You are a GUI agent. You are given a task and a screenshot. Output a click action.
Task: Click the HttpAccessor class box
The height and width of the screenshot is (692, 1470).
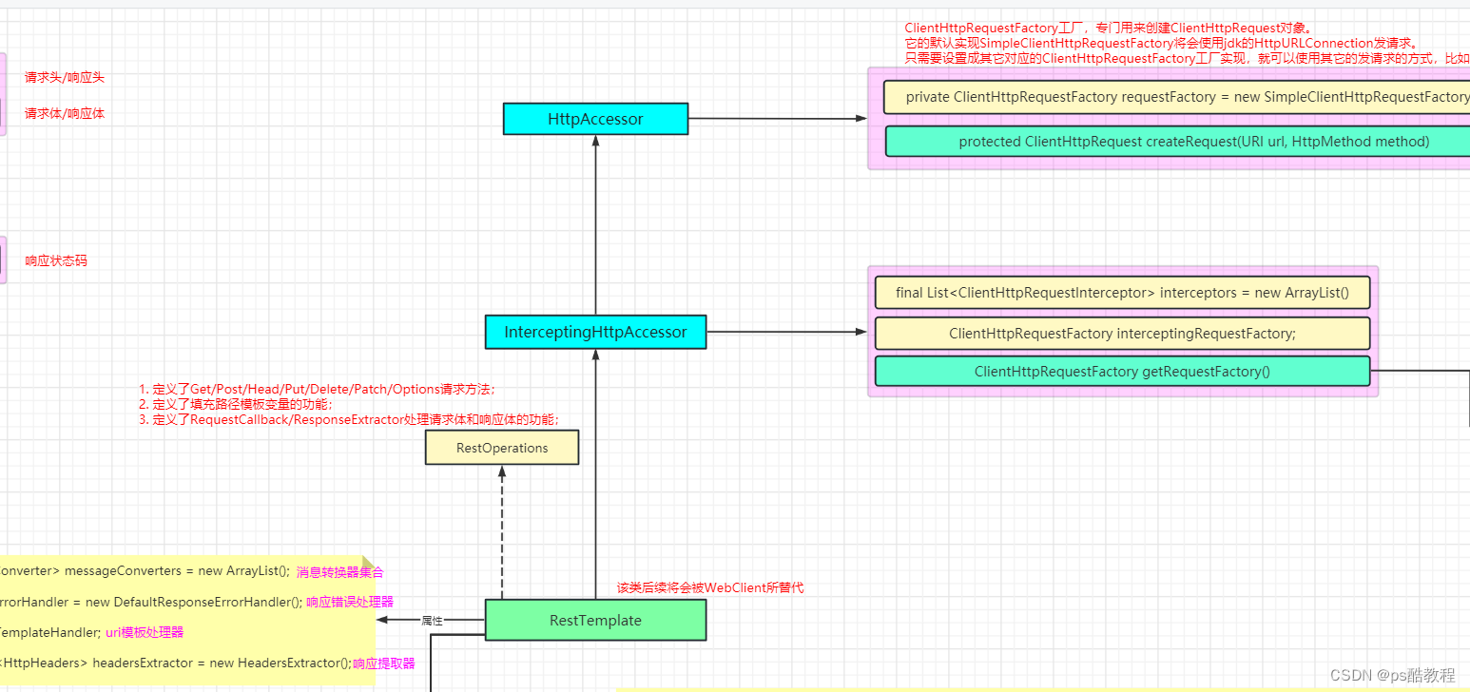click(595, 119)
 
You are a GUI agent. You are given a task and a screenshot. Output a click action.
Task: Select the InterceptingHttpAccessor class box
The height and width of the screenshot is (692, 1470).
click(595, 332)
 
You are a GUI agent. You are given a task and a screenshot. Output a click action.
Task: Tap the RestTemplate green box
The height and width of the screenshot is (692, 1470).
click(595, 620)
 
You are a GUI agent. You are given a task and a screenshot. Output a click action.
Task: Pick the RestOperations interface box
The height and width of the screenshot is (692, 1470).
click(501, 448)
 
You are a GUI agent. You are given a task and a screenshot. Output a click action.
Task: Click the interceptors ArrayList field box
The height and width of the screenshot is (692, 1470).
click(1122, 292)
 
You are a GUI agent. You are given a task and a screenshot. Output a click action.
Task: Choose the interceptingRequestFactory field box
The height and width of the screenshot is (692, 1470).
click(1122, 334)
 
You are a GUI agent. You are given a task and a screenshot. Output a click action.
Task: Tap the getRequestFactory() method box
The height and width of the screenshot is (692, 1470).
click(1122, 372)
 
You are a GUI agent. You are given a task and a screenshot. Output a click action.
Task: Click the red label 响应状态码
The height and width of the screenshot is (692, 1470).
click(56, 260)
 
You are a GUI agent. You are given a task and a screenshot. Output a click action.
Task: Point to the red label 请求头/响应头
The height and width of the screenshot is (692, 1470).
click(65, 77)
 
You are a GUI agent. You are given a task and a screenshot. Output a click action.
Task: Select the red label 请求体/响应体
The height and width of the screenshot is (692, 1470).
click(65, 113)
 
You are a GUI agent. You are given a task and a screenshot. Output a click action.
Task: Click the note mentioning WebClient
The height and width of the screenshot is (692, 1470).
click(709, 587)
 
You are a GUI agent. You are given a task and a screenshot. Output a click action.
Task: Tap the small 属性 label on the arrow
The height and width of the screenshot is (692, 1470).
click(433, 620)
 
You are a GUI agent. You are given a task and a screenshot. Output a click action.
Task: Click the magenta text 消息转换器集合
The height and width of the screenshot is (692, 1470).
click(339, 572)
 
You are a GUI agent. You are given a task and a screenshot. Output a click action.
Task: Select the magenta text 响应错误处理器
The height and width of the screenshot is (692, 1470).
click(350, 602)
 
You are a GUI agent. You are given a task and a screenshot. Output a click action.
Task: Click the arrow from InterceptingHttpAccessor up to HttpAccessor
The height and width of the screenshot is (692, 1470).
click(595, 228)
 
